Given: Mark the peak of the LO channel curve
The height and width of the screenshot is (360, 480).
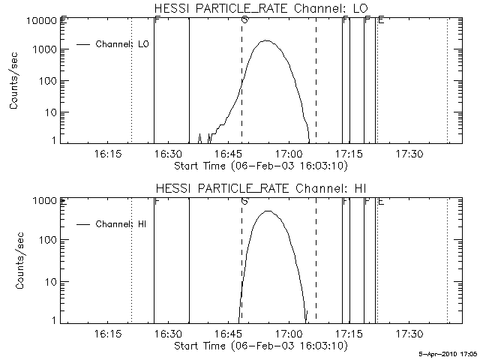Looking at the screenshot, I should (266, 41).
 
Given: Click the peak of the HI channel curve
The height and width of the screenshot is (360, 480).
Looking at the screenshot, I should (268, 211).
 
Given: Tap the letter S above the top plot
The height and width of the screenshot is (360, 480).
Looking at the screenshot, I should (244, 19).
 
